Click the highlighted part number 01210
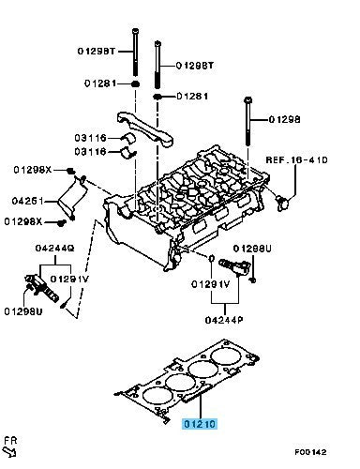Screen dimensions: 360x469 pos(200,424)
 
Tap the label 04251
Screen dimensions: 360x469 pos(27,201)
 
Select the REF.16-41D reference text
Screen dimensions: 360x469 pos(296,160)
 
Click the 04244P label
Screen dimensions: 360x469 pos(224,320)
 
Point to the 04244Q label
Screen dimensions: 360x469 pos(54,249)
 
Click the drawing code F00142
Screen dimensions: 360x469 pos(310,452)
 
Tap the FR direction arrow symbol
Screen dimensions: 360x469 pos(9,451)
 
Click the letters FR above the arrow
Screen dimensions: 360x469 pos(10,441)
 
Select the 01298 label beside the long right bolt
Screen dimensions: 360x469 pos(284,119)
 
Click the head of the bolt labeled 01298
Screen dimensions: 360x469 pos(247,100)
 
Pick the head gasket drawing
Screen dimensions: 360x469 pos(187,381)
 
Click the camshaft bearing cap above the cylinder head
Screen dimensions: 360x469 pos(145,129)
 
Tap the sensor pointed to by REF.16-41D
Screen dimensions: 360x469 pos(282,202)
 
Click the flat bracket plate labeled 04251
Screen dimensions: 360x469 pos(71,197)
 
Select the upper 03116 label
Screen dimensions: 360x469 pos(90,138)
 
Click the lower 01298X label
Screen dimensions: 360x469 pos(23,221)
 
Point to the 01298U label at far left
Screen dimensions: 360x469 pos(23,311)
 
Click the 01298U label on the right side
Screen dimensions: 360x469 pos(252,249)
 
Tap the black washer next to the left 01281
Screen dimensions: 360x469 pos(135,83)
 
